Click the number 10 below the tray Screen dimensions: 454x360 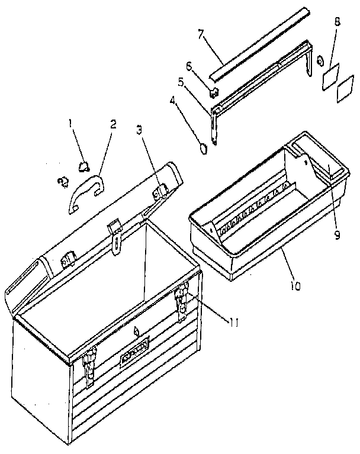[294, 286]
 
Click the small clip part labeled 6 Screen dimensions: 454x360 [214, 91]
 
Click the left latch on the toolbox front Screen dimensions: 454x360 [89, 363]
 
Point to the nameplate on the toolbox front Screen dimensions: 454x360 [134, 356]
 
